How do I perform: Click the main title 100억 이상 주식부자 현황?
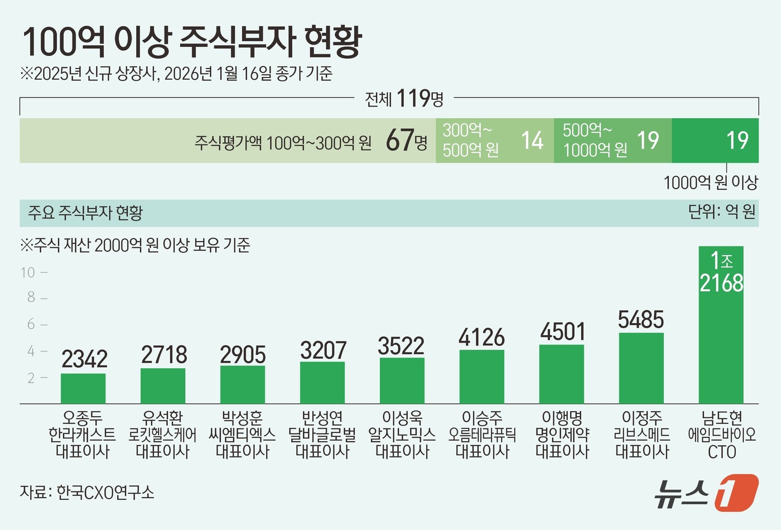192,42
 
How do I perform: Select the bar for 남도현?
721,335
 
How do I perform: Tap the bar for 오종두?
83,388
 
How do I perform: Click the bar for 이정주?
641,368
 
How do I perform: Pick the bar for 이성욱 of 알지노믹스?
402,380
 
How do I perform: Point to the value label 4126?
481,338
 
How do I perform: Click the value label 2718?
163,355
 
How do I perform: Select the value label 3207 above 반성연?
323,350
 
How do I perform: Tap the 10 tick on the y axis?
28,272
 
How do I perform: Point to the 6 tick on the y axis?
31,324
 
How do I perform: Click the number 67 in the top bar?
400,141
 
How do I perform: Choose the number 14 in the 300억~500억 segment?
532,141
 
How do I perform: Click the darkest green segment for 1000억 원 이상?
715,141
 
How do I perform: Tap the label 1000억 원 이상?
710,182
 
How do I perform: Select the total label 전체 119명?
404,99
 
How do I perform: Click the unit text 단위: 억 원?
721,212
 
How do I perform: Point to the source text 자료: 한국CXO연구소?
87,492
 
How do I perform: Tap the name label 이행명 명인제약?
562,435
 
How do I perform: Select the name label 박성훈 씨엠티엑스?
242,435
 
